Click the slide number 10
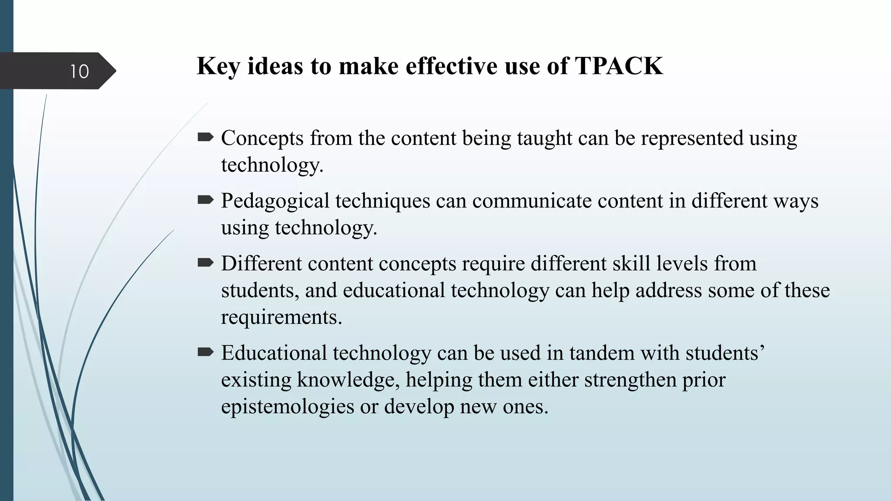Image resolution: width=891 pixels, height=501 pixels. pos(79,71)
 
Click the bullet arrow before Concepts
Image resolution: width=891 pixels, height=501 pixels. pos(205,138)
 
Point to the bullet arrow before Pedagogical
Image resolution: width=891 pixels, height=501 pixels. pos(205,200)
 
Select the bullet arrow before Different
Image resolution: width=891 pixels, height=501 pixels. pos(205,263)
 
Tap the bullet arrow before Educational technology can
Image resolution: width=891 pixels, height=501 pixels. pos(205,352)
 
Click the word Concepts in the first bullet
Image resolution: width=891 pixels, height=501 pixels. pos(262,138)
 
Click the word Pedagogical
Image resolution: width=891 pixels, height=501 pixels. pos(275,201)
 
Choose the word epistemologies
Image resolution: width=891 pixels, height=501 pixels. pos(287,407)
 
